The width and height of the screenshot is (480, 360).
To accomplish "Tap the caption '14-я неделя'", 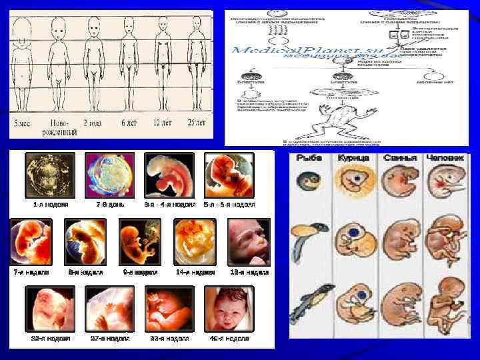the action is pos(195,273).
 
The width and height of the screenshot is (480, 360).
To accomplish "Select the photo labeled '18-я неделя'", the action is pos(249,241).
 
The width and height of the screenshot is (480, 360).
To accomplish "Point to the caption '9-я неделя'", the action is pos(140,273).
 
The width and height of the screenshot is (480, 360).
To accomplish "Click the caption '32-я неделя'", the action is pos(169,339).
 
